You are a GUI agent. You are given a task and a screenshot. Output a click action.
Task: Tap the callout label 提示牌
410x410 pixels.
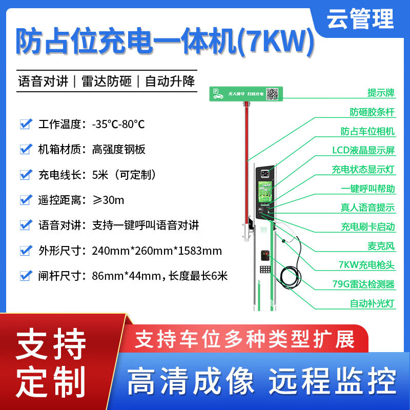point(381,93)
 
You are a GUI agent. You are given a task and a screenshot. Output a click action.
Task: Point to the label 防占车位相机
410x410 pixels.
point(367,131)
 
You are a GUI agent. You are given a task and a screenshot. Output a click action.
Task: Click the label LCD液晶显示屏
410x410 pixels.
point(363,150)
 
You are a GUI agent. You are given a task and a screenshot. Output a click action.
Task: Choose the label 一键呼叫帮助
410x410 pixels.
point(367,188)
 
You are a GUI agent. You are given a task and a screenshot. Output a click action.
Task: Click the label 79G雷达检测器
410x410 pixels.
point(363,284)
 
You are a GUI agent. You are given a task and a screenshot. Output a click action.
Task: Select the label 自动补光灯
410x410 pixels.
point(372,303)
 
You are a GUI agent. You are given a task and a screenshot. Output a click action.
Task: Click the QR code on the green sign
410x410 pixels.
point(272,93)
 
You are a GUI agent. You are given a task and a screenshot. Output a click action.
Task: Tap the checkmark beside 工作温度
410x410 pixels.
point(26,124)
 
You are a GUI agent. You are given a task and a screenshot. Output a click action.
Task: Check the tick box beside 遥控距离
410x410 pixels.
point(26,199)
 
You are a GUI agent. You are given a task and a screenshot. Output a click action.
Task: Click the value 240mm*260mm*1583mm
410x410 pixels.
point(157,251)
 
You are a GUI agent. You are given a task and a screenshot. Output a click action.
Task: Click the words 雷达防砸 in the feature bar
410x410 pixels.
point(107,81)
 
